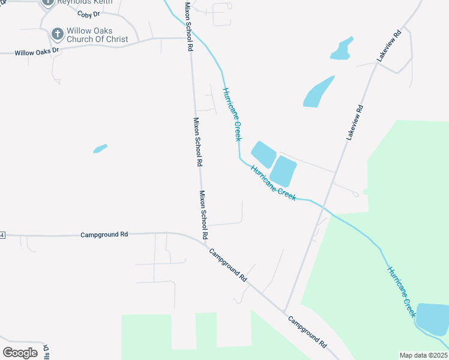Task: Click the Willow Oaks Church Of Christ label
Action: (x=97, y=35)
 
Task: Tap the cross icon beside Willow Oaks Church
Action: (x=57, y=34)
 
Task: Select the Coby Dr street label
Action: (x=88, y=13)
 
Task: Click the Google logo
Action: (x=20, y=352)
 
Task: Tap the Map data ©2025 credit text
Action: (x=423, y=355)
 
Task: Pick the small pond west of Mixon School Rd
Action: (x=100, y=148)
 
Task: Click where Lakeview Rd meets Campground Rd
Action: (x=284, y=311)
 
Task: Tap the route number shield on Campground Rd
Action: (x=2, y=235)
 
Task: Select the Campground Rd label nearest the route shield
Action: (x=104, y=235)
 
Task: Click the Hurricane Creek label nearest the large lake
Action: (x=402, y=292)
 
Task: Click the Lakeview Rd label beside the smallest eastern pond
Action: (x=387, y=46)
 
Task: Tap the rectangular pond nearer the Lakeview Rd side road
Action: (x=283, y=171)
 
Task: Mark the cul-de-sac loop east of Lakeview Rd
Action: (x=355, y=194)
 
